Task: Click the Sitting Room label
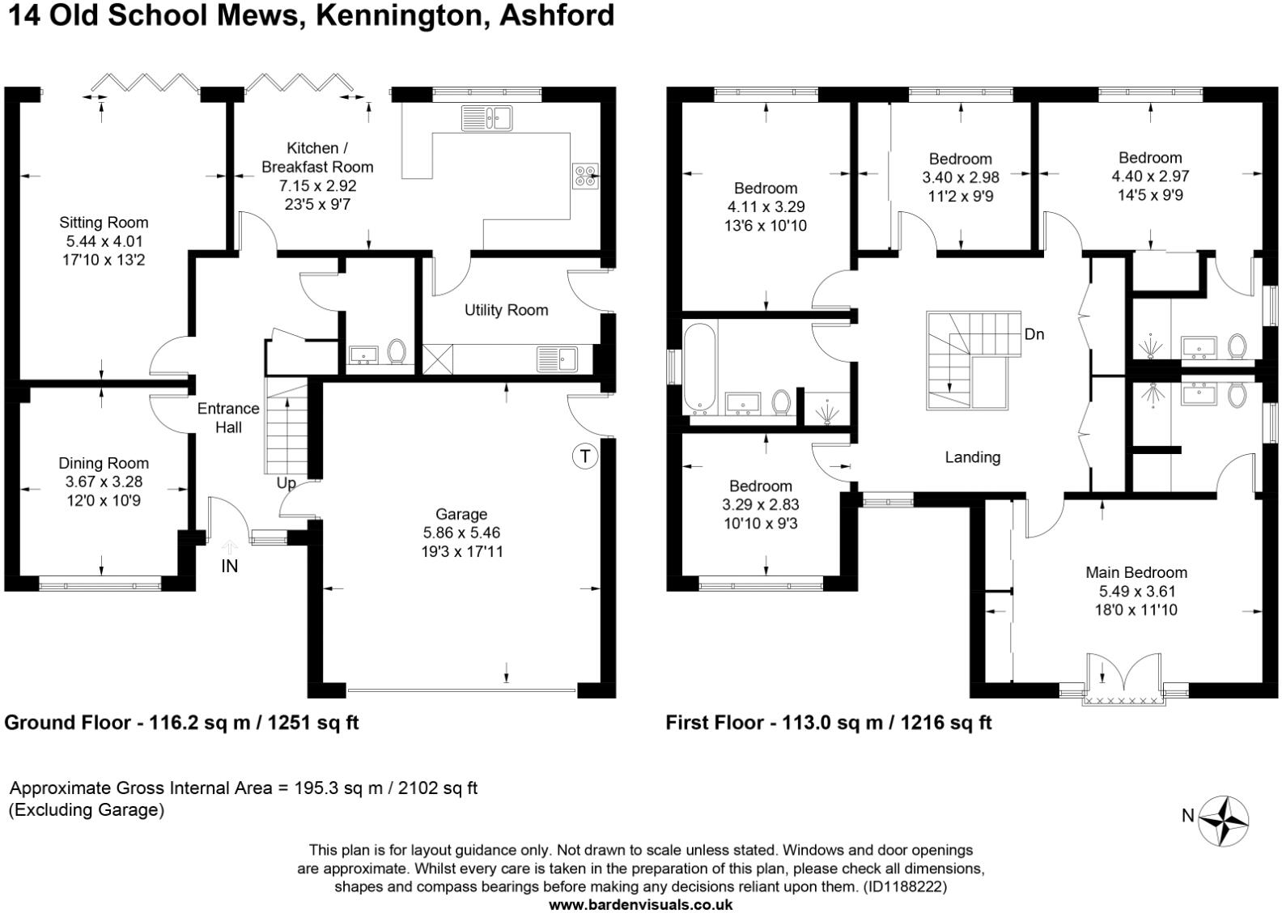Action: pos(104,223)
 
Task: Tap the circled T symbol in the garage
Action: pos(584,456)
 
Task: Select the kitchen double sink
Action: pos(486,119)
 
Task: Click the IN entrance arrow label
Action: pos(230,566)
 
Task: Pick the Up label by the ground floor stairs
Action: pos(287,483)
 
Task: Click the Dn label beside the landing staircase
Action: pos(1034,333)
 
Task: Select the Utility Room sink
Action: pos(556,358)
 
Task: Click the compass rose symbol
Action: pos(1223,821)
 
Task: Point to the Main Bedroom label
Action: pos(1136,572)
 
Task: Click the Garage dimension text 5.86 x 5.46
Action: pos(461,533)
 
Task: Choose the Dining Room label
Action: pos(104,463)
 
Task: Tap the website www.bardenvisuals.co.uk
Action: pos(641,905)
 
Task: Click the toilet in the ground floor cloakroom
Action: pos(397,353)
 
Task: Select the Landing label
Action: pos(972,457)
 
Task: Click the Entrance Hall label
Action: pos(228,417)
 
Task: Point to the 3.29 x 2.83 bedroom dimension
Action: pos(760,504)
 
